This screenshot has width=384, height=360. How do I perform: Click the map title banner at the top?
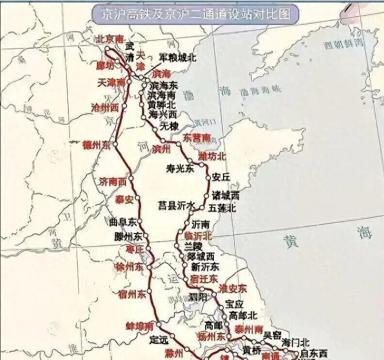click(195, 14)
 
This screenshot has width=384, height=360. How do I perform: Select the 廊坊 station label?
click(105, 65)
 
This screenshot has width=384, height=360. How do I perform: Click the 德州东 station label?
click(97, 145)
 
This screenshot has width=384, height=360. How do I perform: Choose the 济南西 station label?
click(112, 182)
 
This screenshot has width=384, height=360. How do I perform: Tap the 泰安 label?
click(124, 199)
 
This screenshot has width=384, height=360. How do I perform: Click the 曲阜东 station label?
click(123, 222)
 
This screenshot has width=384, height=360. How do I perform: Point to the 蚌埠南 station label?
click(140, 326)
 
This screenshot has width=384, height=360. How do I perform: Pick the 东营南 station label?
click(196, 138)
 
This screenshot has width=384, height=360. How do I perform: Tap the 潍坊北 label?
click(212, 156)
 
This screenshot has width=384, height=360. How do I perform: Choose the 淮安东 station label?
click(233, 288)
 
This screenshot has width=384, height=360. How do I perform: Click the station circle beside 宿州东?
click(150, 292)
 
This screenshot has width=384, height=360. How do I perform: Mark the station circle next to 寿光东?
click(201, 165)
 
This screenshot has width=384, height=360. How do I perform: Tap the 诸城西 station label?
click(226, 196)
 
